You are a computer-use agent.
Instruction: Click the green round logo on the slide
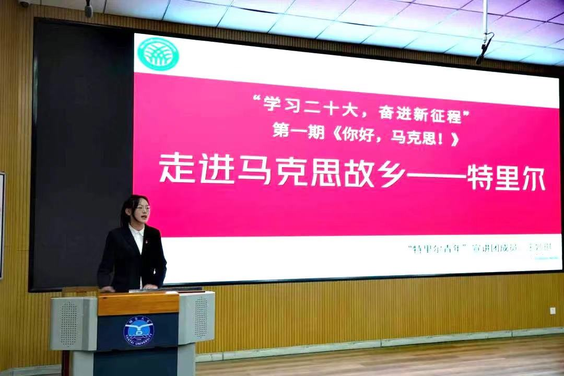158,54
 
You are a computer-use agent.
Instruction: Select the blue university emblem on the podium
138,331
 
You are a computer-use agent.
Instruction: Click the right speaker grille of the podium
201,317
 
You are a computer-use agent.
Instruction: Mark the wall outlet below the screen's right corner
553,311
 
